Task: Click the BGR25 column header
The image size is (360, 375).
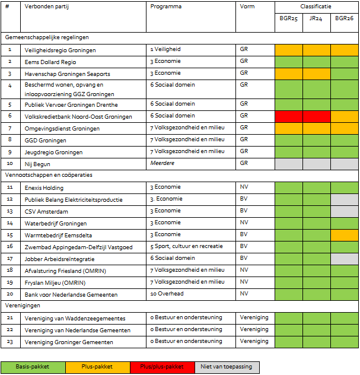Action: pos(288,18)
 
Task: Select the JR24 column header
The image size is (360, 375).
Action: pos(316,18)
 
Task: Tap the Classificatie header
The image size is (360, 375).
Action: pos(316,6)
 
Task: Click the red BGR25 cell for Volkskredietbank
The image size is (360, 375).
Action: pos(288,116)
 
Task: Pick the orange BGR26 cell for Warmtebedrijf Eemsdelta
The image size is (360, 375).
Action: pos(344,235)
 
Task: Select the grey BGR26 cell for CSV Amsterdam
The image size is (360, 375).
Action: pos(344,211)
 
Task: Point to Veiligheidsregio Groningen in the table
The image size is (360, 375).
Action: pos(60,50)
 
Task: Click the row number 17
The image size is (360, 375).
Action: pos(9,259)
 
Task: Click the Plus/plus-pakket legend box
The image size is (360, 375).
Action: pos(162,367)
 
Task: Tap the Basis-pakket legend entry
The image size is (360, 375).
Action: pos(33,367)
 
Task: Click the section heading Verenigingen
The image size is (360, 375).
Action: pos(23,306)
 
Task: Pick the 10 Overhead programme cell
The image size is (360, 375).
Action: pos(167,294)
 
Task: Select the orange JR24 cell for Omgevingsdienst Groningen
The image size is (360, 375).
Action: pos(316,128)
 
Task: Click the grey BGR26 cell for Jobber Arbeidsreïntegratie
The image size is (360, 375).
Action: pos(344,259)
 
